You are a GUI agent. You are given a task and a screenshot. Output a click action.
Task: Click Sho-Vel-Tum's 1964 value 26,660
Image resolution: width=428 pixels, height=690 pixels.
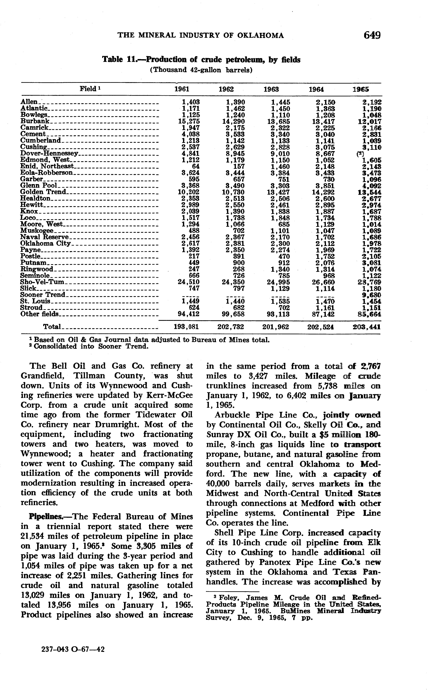click(323, 282)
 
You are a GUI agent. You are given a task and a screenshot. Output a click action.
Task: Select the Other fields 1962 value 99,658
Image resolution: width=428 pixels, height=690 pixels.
click(233, 314)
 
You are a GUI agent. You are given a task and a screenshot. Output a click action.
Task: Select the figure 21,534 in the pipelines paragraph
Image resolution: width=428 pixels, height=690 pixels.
click(33, 536)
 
